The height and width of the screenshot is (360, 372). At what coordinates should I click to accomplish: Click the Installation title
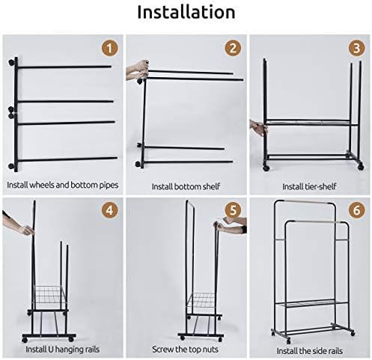(x=186, y=12)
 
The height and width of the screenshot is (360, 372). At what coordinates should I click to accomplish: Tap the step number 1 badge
(x=109, y=48)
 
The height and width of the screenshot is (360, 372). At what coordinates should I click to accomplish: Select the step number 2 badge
(x=233, y=48)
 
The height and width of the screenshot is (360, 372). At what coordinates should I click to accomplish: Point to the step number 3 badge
(x=356, y=48)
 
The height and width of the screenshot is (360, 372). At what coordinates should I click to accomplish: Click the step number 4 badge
(x=109, y=210)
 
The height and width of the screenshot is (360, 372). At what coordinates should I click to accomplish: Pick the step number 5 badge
(x=233, y=210)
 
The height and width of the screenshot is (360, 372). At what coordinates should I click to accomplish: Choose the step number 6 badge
(x=356, y=210)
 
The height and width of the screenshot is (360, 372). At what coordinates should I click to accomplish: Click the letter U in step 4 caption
(x=50, y=350)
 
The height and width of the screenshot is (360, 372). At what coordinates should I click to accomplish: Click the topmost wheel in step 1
(x=11, y=62)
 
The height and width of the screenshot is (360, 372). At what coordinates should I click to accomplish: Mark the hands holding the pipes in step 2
(x=138, y=70)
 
